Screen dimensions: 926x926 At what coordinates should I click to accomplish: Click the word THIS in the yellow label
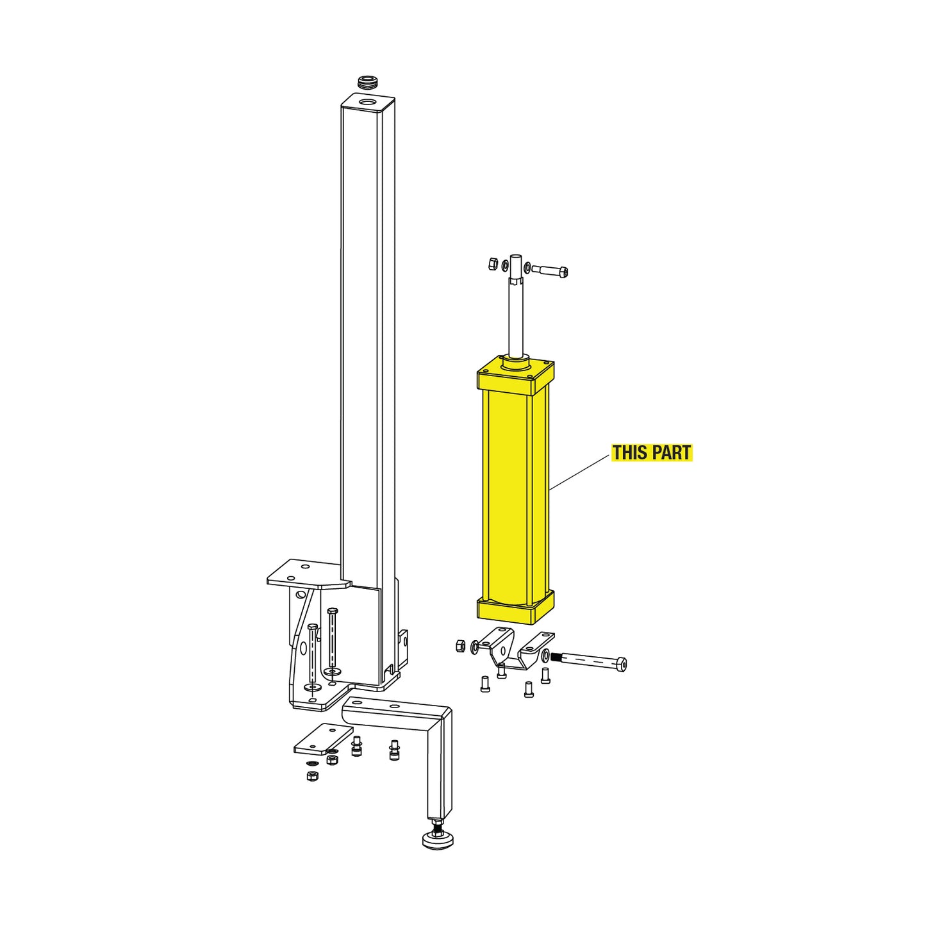coord(629,452)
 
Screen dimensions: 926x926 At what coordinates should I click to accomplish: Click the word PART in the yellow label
coord(672,452)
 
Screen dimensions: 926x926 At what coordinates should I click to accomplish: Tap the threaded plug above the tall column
coord(368,82)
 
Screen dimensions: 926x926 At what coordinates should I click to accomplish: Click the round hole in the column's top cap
coord(368,102)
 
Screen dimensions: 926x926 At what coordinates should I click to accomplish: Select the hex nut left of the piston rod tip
coord(493,263)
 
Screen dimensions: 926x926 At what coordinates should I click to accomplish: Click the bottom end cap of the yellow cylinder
coord(515,609)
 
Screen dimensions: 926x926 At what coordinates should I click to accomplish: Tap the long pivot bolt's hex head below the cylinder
coord(620,665)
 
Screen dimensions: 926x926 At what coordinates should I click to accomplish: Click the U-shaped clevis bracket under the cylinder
coord(513,649)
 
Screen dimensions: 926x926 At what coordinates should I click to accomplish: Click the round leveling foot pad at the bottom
coord(438,840)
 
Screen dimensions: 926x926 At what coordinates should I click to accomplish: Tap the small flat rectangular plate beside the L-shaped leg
coord(324,738)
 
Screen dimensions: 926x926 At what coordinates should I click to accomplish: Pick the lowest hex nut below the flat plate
coord(312,776)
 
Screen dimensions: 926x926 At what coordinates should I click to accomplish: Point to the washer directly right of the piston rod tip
coord(527,267)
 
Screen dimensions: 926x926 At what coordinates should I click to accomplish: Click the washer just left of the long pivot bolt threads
coord(545,656)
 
